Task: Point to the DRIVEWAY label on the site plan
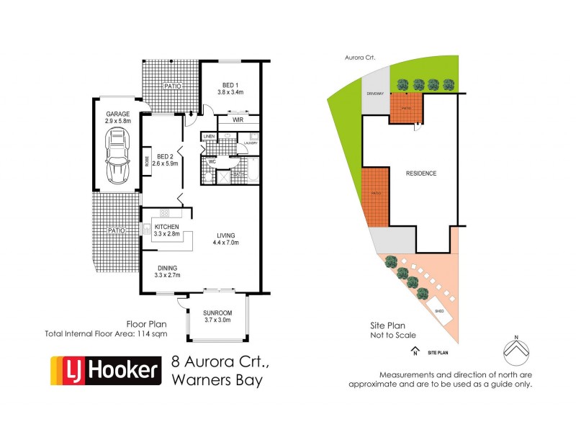pos(373,94)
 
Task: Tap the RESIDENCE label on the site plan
pos(421,174)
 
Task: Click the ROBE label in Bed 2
pos(148,162)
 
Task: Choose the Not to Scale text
pos(389,336)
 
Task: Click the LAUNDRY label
pos(251,143)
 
